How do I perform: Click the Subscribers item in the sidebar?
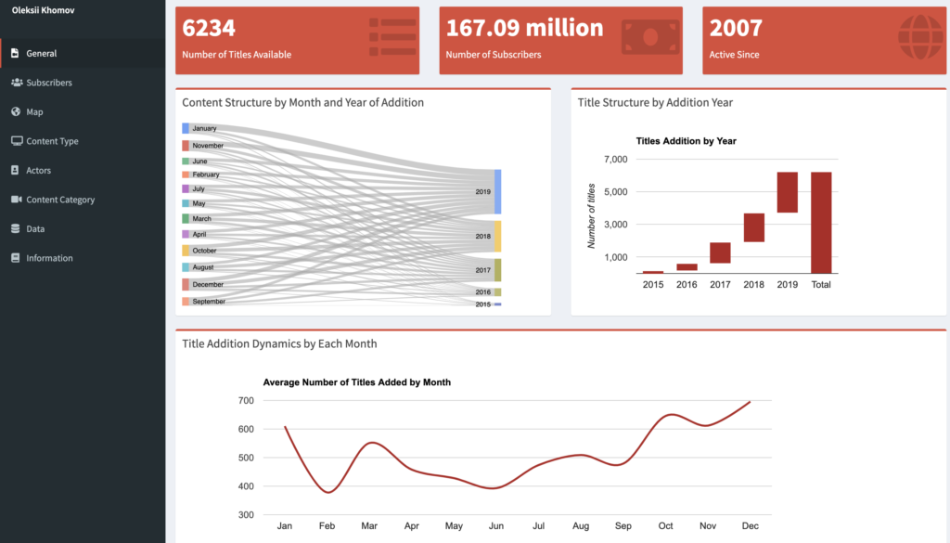click(x=48, y=83)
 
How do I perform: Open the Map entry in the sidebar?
click(x=34, y=112)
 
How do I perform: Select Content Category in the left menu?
click(x=60, y=200)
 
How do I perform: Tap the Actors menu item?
click(x=38, y=171)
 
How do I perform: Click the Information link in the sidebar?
click(x=49, y=258)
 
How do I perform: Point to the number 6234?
click(x=209, y=28)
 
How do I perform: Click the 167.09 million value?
click(x=524, y=28)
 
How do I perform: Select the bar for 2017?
click(x=720, y=252)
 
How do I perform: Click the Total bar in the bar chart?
click(x=821, y=223)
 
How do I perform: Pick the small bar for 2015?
click(x=653, y=272)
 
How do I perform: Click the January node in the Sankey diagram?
click(x=186, y=128)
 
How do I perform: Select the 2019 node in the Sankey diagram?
click(x=497, y=191)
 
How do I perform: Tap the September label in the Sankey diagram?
click(x=209, y=302)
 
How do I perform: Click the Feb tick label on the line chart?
click(x=327, y=526)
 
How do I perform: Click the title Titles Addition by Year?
click(x=686, y=141)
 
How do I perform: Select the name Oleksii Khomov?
click(x=45, y=10)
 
